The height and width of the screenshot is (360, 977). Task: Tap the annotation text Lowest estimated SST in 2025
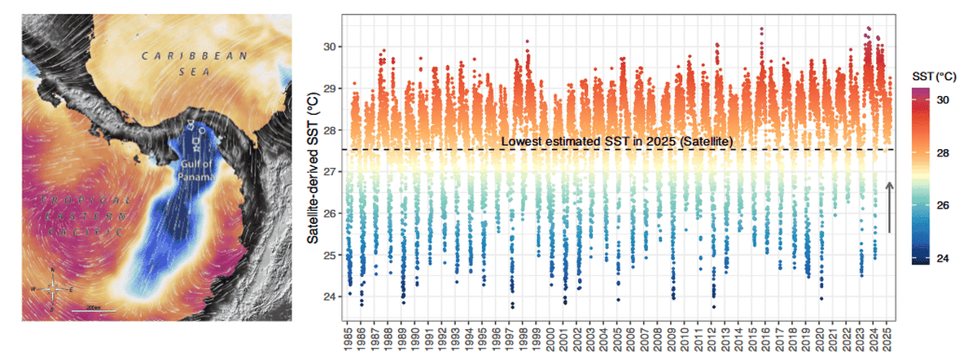click(617, 142)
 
